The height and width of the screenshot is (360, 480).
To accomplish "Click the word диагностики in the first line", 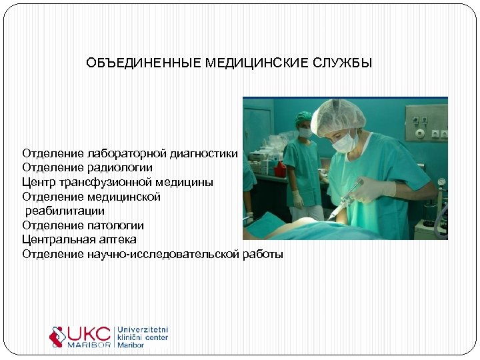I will (x=200, y=153).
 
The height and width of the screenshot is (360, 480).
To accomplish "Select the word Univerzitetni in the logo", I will (x=143, y=329).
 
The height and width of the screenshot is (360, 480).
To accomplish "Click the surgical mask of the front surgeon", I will (x=344, y=142).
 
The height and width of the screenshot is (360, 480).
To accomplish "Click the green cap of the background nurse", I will (x=304, y=117).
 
